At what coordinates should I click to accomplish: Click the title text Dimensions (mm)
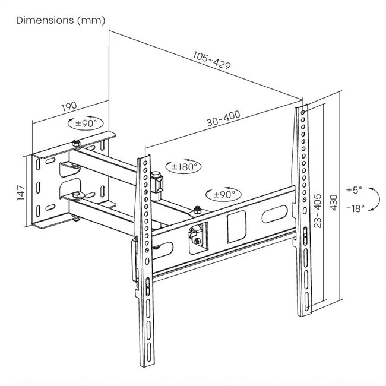click(x=61, y=20)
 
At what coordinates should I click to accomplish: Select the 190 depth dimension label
click(x=69, y=108)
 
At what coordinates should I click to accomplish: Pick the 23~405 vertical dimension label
click(x=318, y=211)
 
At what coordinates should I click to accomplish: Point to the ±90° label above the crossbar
click(x=222, y=195)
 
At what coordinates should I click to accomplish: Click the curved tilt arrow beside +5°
click(x=374, y=199)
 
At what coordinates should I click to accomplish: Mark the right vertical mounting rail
click(x=304, y=211)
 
